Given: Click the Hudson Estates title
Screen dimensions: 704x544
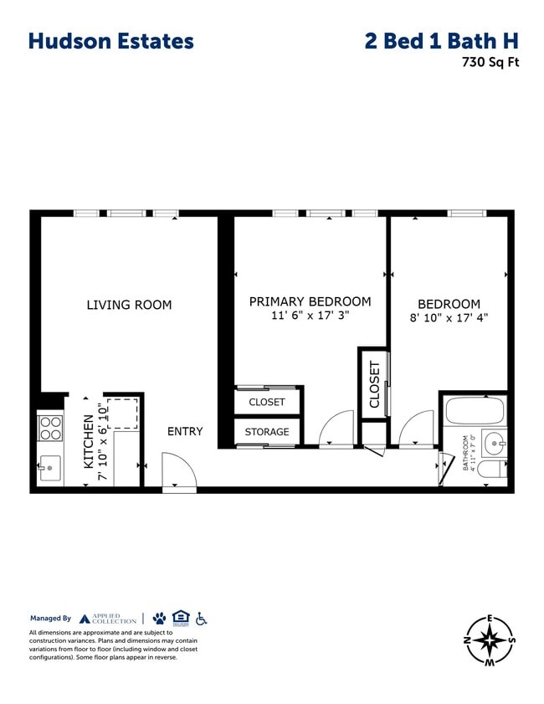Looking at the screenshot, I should tap(110, 41).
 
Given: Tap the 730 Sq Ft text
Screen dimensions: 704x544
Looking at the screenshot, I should tap(490, 62).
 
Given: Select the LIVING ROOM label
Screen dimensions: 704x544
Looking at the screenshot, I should tap(129, 305).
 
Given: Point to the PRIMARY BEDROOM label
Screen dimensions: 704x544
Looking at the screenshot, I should tap(310, 301).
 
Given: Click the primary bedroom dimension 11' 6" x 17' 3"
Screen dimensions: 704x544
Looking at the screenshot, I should tap(310, 316).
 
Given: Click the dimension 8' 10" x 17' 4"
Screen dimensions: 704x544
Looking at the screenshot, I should tap(449, 318).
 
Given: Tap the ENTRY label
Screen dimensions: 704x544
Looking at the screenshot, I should tap(185, 431).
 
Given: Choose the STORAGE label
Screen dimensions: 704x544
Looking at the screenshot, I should tap(267, 432).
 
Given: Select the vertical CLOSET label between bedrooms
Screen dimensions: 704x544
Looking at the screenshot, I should tap(374, 384).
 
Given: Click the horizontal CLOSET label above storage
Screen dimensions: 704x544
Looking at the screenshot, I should tap(267, 402).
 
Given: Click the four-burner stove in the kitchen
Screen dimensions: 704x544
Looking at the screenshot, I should tap(50, 428).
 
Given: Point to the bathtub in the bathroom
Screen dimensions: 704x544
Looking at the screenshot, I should tap(474, 411).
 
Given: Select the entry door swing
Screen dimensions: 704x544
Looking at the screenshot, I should tap(178, 470).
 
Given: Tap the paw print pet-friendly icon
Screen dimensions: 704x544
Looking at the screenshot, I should tap(159, 619).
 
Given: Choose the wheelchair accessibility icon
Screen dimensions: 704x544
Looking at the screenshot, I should tap(201, 619).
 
